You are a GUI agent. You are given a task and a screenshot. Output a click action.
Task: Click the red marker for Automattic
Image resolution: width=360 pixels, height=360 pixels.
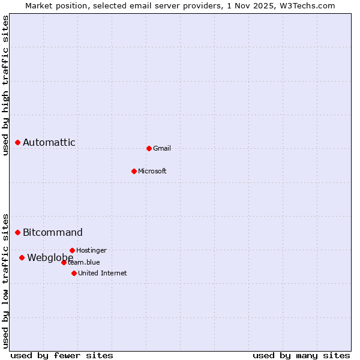(18, 142)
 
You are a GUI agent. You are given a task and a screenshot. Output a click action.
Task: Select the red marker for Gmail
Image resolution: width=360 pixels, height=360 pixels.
(149, 148)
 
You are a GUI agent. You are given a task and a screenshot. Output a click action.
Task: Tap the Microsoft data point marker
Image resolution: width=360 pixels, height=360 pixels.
(134, 171)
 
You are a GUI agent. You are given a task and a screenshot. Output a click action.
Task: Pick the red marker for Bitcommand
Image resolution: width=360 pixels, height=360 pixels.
(18, 232)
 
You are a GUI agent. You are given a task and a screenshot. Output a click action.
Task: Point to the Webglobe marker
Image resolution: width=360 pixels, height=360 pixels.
(22, 257)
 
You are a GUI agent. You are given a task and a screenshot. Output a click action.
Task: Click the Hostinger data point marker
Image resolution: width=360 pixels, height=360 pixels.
(72, 250)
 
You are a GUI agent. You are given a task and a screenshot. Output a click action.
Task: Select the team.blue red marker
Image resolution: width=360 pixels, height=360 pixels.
(64, 262)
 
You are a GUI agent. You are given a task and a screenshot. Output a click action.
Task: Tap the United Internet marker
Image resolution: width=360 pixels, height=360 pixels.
(74, 273)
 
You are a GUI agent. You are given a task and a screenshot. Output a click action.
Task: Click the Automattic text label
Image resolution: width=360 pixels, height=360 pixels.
(49, 142)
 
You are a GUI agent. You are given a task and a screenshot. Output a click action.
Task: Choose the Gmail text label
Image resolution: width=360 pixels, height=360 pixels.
(162, 148)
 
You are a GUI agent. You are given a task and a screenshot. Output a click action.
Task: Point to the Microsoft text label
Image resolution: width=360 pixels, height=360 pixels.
(152, 171)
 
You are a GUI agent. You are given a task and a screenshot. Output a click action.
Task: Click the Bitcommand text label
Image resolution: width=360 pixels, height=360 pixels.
(53, 232)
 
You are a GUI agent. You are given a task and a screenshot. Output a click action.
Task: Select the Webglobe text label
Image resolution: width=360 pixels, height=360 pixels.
(50, 257)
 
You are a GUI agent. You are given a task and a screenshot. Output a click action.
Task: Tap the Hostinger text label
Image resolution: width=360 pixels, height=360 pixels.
(91, 250)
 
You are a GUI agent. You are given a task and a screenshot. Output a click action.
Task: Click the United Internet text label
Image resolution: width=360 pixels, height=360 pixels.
(102, 273)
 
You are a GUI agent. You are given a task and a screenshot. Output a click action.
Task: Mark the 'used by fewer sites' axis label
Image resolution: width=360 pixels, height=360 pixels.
(62, 355)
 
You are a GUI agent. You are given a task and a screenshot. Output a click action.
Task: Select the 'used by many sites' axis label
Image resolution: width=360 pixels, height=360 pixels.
(301, 355)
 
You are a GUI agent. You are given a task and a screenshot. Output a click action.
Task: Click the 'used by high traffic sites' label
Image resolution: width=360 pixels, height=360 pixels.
(5, 85)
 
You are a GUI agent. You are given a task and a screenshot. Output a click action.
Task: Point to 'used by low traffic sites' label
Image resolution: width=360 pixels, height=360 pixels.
(5, 280)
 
